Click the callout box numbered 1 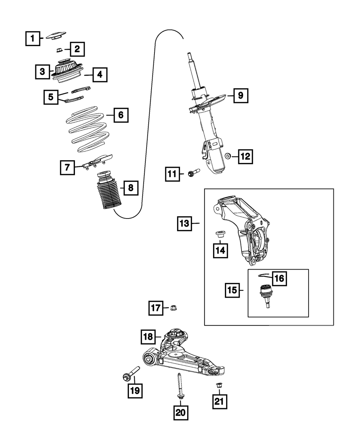33,39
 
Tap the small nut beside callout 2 60,50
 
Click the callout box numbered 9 241,96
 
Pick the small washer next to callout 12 228,156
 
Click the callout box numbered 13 184,224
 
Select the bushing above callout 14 220,234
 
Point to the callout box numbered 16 280,279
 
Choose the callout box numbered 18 148,337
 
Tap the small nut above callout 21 219,385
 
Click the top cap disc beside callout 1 56,36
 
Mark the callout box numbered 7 67,167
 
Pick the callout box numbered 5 51,97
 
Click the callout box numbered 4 100,75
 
